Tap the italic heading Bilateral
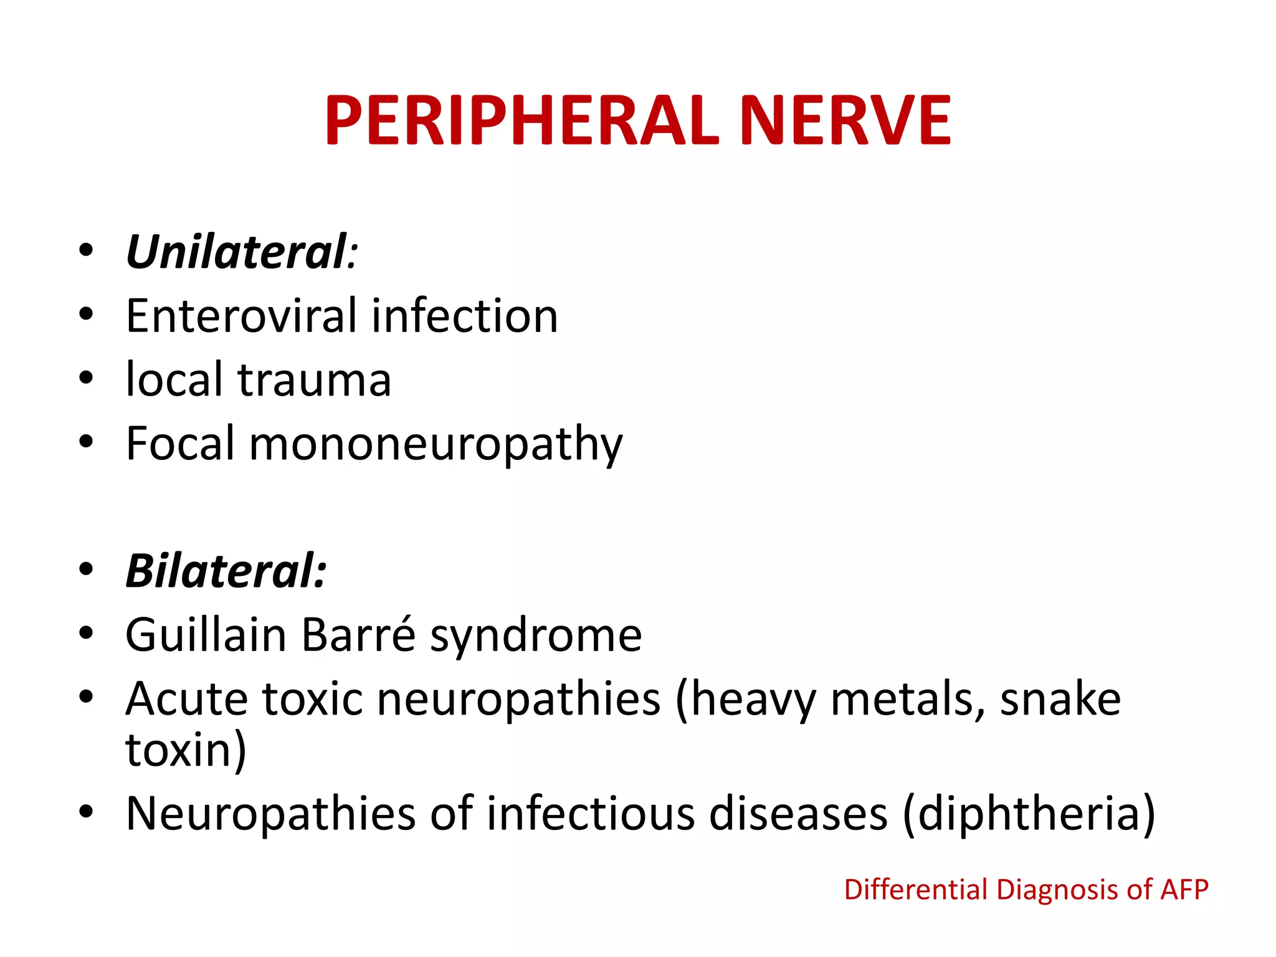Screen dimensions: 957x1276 [x=226, y=571]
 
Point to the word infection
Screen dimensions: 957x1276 [x=465, y=316]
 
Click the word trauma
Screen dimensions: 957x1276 [x=315, y=380]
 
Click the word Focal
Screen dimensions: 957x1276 [x=181, y=444]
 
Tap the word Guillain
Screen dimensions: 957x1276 [x=206, y=635]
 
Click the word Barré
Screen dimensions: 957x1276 [x=359, y=635]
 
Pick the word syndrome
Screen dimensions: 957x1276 [x=536, y=636]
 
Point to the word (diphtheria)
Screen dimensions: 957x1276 [x=1029, y=814]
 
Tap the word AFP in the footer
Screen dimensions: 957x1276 [x=1184, y=890]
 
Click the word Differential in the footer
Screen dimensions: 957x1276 [x=916, y=890]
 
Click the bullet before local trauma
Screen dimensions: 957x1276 [x=86, y=378]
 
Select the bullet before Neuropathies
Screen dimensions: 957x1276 [x=86, y=812]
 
